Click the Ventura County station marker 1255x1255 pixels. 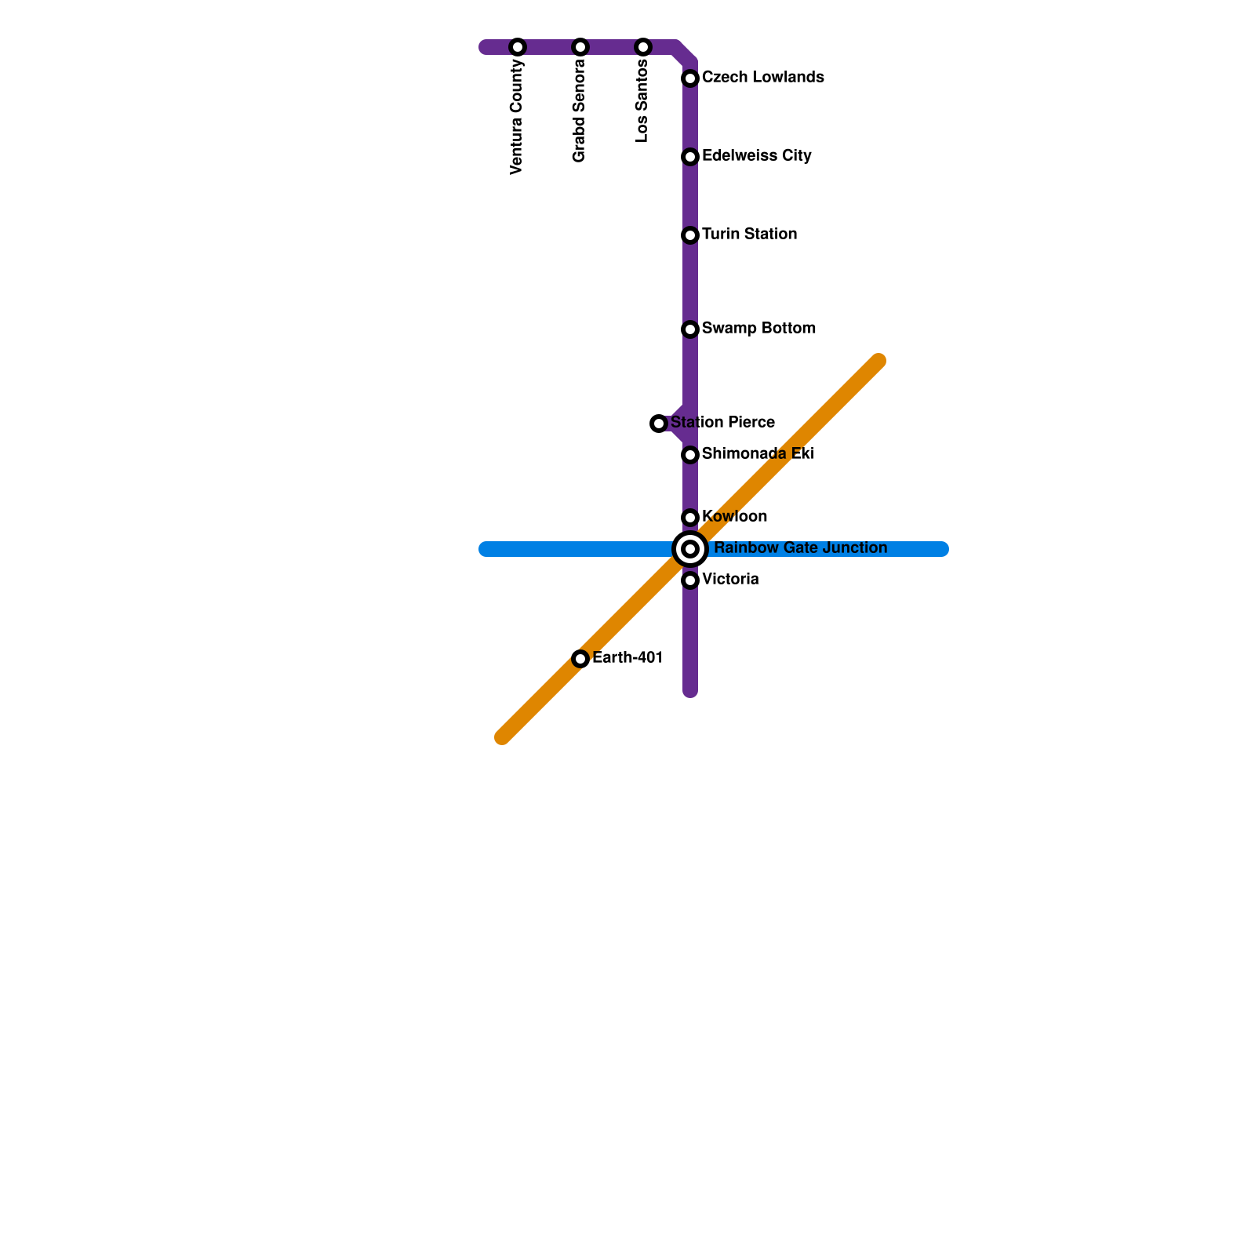[x=518, y=47]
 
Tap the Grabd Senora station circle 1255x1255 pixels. [x=580, y=47]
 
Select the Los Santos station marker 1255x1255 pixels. [x=643, y=47]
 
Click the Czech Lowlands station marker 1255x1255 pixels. [x=690, y=78]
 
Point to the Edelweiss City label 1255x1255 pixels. [x=756, y=156]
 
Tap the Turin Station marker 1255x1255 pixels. [x=690, y=235]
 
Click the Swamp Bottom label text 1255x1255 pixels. [x=758, y=329]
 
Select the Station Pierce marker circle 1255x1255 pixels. [x=659, y=424]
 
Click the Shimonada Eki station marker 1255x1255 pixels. [x=690, y=455]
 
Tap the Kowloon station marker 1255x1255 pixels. [x=690, y=518]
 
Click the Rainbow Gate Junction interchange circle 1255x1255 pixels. [x=690, y=549]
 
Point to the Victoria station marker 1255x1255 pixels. [x=690, y=580]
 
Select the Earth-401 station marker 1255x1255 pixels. [x=580, y=659]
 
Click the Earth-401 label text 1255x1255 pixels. [x=627, y=658]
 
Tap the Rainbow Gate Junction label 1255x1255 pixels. [x=800, y=548]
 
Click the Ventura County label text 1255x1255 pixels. [x=516, y=116]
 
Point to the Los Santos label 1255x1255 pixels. [x=642, y=100]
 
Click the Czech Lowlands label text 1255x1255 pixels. [x=762, y=78]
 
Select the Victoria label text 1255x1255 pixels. [x=730, y=580]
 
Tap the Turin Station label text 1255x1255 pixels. [x=749, y=235]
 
